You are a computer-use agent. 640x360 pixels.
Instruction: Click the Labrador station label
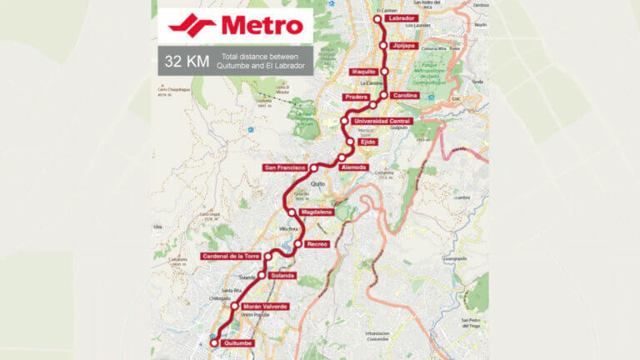click(402, 18)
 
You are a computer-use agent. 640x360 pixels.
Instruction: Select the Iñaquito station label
click(365, 72)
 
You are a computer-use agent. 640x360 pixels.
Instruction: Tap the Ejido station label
click(367, 142)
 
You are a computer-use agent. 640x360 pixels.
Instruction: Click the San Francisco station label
click(285, 167)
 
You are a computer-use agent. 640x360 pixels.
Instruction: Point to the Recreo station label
click(317, 243)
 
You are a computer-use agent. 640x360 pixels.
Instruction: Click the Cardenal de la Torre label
click(232, 256)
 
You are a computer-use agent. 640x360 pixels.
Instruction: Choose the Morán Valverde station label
click(265, 307)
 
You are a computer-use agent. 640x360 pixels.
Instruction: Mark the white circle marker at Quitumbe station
click(214, 342)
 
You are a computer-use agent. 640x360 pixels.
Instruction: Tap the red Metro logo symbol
click(192, 25)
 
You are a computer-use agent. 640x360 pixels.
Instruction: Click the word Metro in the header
click(263, 25)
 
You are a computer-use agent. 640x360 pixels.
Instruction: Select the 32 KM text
click(185, 62)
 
